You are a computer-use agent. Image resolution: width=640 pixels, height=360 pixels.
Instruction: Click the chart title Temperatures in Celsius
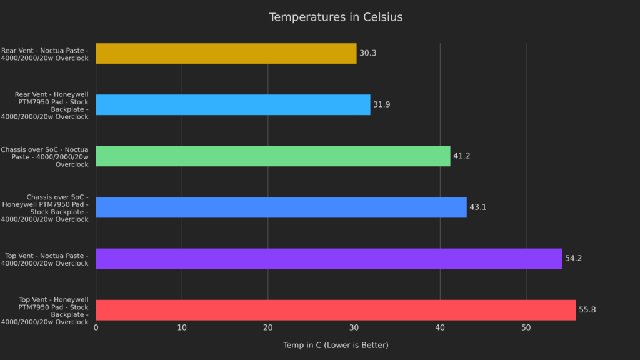[336, 17]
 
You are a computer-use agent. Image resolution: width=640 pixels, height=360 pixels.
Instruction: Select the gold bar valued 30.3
[226, 53]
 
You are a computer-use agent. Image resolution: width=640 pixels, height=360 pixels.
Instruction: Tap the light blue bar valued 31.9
[232, 104]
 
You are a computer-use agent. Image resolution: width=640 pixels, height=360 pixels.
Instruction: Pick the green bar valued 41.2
[272, 156]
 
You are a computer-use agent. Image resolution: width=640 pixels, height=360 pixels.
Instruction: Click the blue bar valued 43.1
[281, 207]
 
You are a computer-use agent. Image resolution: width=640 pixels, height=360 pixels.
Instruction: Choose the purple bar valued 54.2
[329, 258]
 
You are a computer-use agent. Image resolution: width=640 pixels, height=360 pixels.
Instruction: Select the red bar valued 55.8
[336, 309]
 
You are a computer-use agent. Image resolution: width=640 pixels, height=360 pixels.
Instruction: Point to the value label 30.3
[368, 53]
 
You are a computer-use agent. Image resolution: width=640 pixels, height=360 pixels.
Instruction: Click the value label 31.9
[381, 104]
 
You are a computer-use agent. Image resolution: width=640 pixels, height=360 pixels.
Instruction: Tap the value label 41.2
[461, 156]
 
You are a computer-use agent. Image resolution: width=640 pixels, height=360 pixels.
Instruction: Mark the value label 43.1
[477, 207]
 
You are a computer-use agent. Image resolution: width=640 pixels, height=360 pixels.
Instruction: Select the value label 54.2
[573, 258]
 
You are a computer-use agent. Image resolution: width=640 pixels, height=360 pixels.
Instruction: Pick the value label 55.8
[587, 309]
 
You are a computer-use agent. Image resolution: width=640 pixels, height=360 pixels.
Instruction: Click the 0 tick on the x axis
[96, 328]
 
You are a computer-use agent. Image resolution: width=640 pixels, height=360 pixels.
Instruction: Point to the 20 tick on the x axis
[268, 328]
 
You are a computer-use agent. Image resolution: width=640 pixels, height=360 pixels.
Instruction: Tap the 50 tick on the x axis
[526, 328]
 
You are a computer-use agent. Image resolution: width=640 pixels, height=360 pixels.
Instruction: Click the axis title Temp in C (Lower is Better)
[336, 345]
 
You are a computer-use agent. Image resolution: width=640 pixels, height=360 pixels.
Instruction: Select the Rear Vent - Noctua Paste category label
[45, 54]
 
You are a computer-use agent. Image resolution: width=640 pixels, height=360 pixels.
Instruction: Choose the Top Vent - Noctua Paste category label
[46, 259]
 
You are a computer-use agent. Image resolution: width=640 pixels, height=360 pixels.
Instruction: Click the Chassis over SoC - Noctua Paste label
[45, 156]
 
